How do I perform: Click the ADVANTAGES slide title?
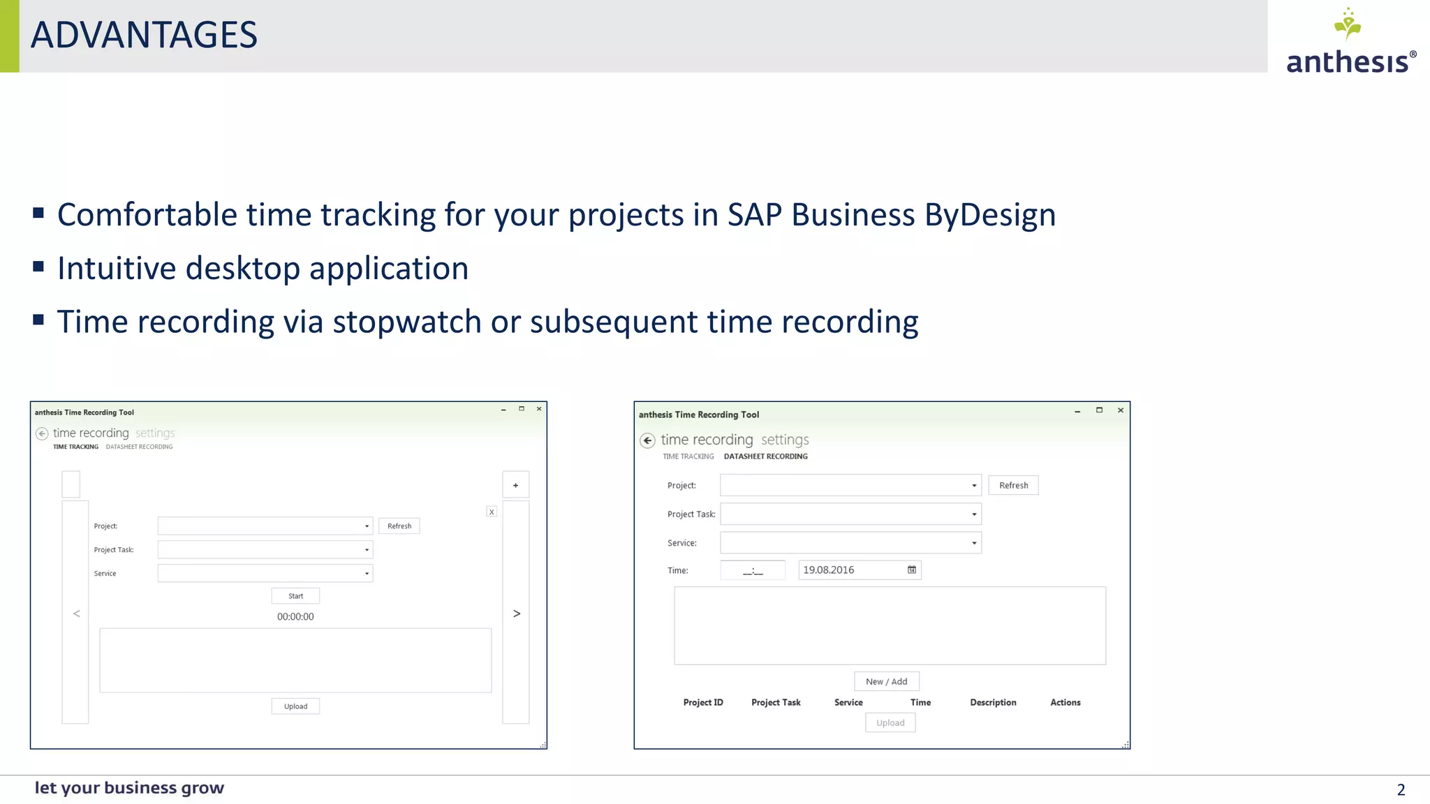pyautogui.click(x=144, y=35)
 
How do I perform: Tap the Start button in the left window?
pyautogui.click(x=295, y=596)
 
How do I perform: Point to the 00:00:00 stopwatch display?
pyautogui.click(x=295, y=617)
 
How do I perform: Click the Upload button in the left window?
pyautogui.click(x=295, y=706)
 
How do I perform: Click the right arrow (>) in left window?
pyautogui.click(x=517, y=613)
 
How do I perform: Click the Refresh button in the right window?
pyautogui.click(x=1013, y=486)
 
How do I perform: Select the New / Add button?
pyautogui.click(x=886, y=682)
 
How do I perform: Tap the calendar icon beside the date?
pyautogui.click(x=912, y=570)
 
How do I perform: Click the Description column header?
pyautogui.click(x=993, y=703)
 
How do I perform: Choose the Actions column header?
pyautogui.click(x=1065, y=703)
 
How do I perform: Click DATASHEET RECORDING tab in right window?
pyautogui.click(x=765, y=456)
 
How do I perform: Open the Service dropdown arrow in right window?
pyautogui.click(x=974, y=543)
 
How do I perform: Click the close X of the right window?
pyautogui.click(x=1121, y=410)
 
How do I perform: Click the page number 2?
pyautogui.click(x=1401, y=790)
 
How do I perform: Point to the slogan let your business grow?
pyautogui.click(x=129, y=788)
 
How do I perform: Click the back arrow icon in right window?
pyautogui.click(x=647, y=440)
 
